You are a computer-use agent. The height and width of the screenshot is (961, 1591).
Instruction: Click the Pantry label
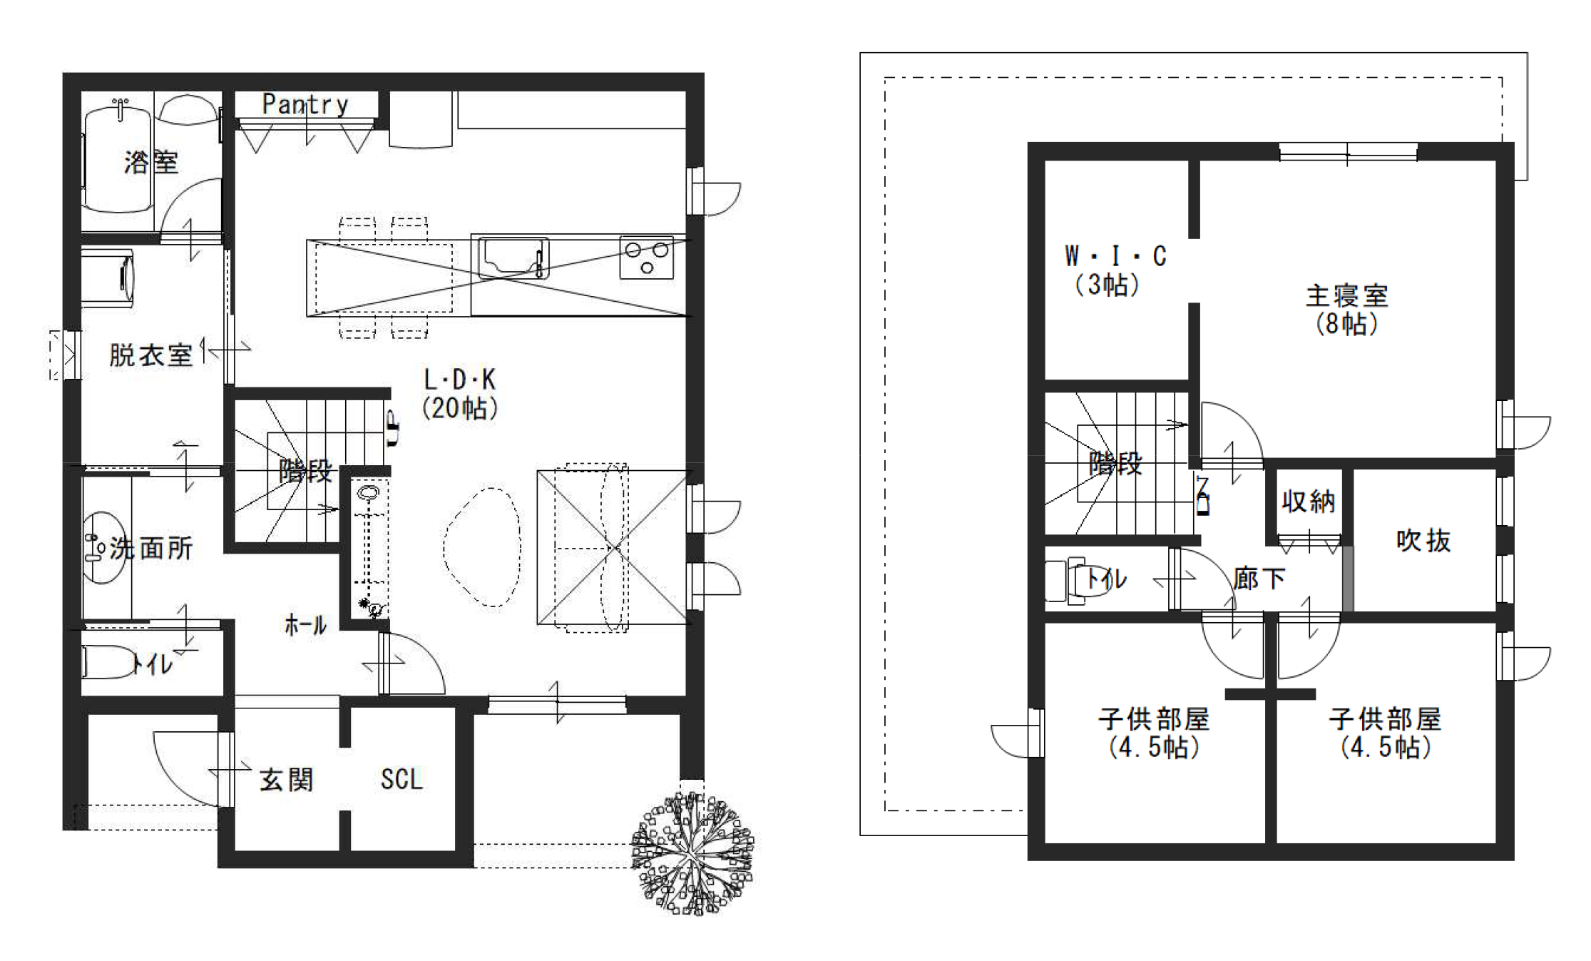305,104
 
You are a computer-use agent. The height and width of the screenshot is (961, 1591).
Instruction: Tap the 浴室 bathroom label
150,163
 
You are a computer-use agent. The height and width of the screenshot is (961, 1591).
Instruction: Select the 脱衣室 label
150,355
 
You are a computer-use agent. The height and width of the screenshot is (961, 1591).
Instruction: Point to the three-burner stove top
646,257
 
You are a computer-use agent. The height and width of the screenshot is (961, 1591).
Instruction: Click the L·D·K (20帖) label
460,394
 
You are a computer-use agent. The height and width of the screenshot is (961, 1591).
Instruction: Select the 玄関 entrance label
286,780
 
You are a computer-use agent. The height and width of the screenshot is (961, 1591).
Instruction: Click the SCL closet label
401,779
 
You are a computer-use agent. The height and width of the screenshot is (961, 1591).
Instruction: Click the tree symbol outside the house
692,853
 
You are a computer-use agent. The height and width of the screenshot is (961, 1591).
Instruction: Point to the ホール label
305,626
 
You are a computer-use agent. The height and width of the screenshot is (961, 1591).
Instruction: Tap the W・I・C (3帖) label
1115,270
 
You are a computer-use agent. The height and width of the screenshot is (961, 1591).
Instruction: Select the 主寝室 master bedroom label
1346,309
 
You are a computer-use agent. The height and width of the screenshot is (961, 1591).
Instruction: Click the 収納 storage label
1308,502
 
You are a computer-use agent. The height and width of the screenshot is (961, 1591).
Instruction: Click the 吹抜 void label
1423,541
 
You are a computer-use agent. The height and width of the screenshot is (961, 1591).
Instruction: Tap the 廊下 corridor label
1259,578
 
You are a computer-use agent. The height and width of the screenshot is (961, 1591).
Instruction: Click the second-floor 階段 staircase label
1115,464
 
